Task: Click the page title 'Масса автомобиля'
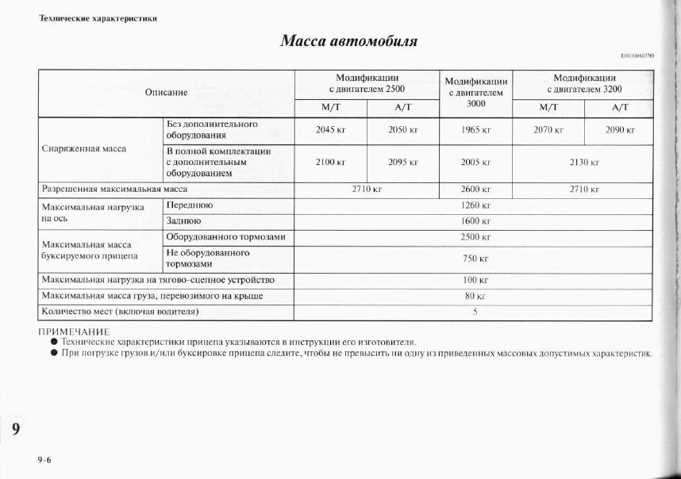(x=348, y=40)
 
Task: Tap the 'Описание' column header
(x=166, y=92)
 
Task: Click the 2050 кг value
(x=403, y=129)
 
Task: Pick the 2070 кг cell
(x=548, y=129)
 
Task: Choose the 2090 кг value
(x=620, y=129)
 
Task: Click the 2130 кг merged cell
(x=584, y=162)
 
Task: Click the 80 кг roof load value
(x=475, y=296)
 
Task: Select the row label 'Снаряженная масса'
(x=83, y=148)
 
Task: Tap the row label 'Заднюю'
(x=183, y=221)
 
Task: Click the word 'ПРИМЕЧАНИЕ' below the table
(x=75, y=331)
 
